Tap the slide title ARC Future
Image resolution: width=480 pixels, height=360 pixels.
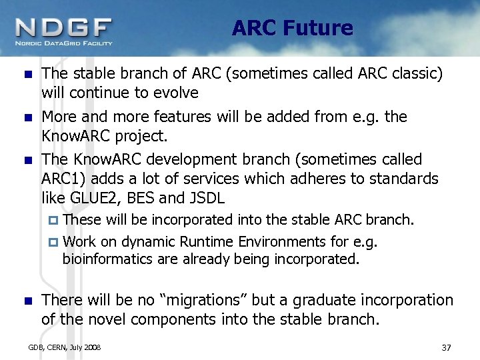tap(292, 29)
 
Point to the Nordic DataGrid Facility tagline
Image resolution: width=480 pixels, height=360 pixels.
tap(64, 43)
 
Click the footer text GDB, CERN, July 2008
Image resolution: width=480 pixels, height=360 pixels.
tap(64, 347)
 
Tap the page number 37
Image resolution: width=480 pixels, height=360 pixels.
tap(447, 347)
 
